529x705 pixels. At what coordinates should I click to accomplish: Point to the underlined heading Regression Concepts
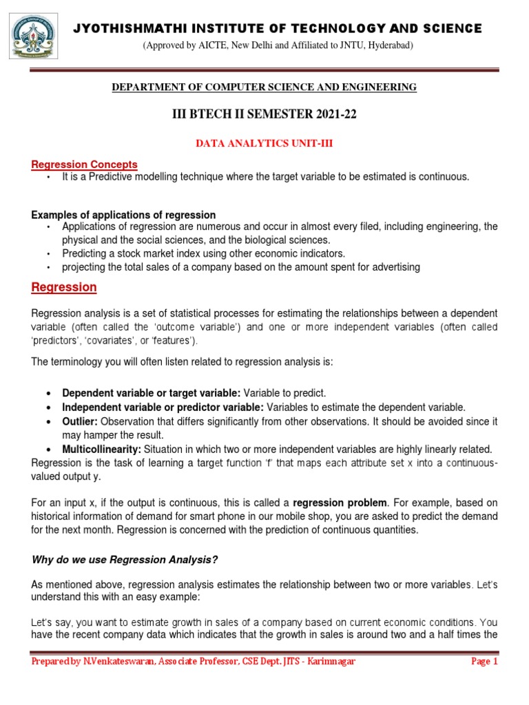(x=85, y=165)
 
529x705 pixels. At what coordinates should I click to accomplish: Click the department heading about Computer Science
(x=264, y=87)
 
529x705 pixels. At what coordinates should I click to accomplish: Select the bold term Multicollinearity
(x=101, y=448)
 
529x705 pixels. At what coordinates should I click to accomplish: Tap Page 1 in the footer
(x=484, y=662)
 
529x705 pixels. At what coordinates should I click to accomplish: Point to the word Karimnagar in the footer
(x=328, y=662)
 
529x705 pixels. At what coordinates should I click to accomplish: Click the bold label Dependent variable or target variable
(x=152, y=392)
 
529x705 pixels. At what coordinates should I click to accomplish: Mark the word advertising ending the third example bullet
(x=396, y=267)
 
